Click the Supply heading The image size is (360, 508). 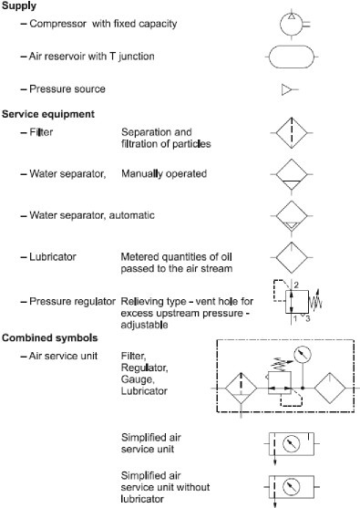[20, 6]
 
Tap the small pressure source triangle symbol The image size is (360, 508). [290, 89]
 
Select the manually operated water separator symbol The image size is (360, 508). [290, 176]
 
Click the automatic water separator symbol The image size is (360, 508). [290, 218]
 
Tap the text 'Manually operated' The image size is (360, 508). [164, 171]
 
